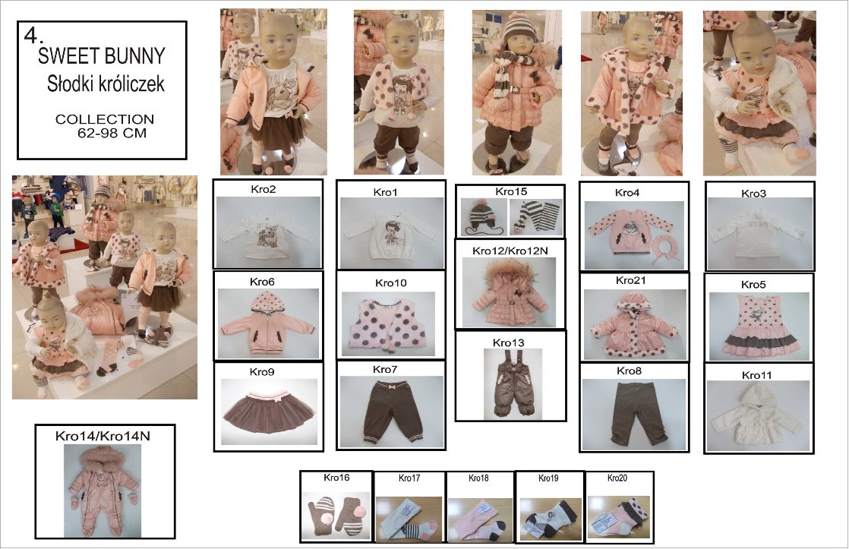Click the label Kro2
pyautogui.click(x=264, y=189)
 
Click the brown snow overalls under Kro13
pyautogui.click(x=510, y=383)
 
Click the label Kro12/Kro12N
pyautogui.click(x=510, y=251)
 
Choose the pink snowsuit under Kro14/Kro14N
pyautogui.click(x=102, y=491)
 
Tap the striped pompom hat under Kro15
pyautogui.click(x=484, y=218)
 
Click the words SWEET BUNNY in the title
pyautogui.click(x=101, y=55)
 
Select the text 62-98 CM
pyautogui.click(x=112, y=133)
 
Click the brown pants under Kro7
pyautogui.click(x=390, y=411)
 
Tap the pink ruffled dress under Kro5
pyautogui.click(x=759, y=327)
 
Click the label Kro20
pyautogui.click(x=617, y=478)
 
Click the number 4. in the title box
pyautogui.click(x=33, y=36)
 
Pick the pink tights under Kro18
pyautogui.click(x=479, y=519)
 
